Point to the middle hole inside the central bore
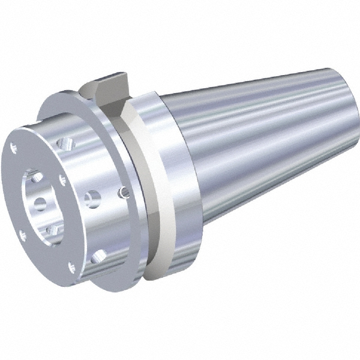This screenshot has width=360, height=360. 40,202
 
